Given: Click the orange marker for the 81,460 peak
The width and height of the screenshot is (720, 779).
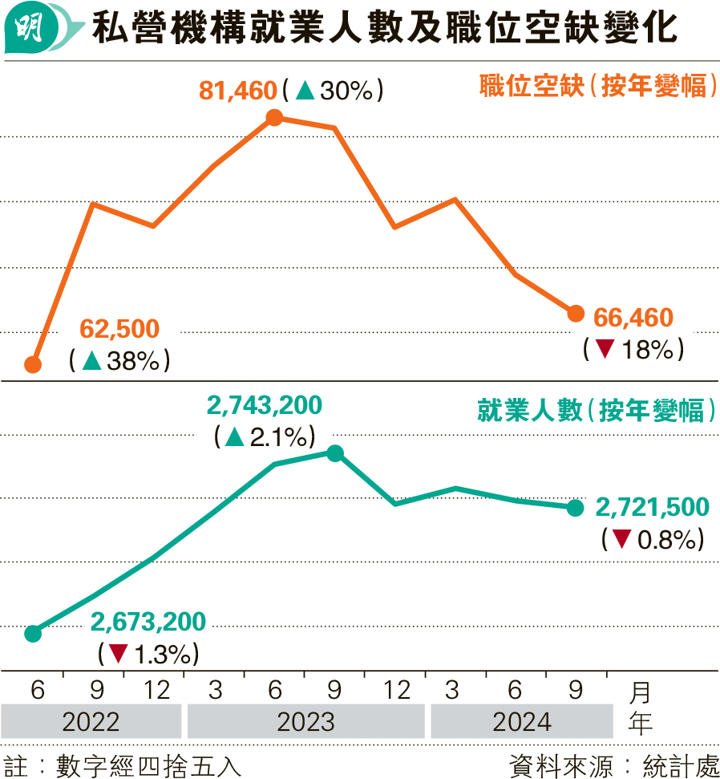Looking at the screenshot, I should click(x=274, y=118).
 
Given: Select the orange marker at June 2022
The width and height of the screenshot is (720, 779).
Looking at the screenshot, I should click(x=33, y=365).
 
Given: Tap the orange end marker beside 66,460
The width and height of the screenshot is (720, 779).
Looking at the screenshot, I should click(x=575, y=313).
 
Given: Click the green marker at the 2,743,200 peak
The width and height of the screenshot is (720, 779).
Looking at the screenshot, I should click(x=335, y=453).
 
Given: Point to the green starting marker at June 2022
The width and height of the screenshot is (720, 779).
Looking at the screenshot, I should click(x=33, y=634).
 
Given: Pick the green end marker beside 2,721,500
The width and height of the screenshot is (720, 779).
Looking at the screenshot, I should click(x=575, y=507).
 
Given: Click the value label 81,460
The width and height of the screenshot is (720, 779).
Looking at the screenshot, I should click(x=237, y=91).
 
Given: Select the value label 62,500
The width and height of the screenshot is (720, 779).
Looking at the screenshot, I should click(x=120, y=329).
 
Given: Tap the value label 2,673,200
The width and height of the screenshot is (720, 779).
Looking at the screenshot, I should click(x=148, y=622).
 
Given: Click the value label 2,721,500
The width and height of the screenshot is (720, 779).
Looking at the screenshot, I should click(x=653, y=507).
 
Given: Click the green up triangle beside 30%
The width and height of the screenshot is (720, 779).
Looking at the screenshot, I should click(x=304, y=91).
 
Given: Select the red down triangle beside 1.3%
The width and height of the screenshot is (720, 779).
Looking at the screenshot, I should click(x=118, y=654).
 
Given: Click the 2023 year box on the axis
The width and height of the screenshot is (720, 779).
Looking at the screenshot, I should click(x=305, y=722).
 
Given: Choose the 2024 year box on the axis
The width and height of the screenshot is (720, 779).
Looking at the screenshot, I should click(x=522, y=722).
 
